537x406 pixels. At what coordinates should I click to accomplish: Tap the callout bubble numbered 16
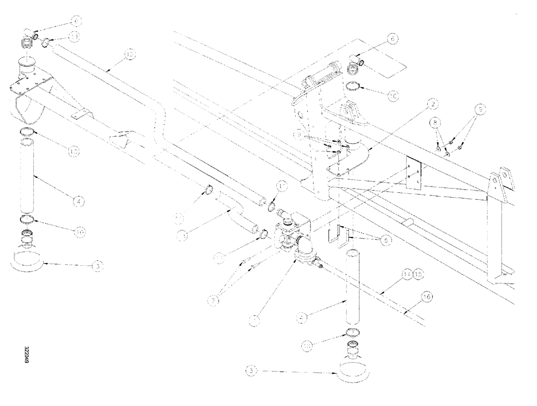pos(427,296)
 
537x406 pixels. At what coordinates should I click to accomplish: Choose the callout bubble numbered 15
pos(418,274)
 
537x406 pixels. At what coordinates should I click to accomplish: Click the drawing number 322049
pos(26,355)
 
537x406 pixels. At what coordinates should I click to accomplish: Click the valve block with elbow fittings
pos(293,236)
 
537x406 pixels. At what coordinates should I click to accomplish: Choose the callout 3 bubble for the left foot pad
pos(95,265)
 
